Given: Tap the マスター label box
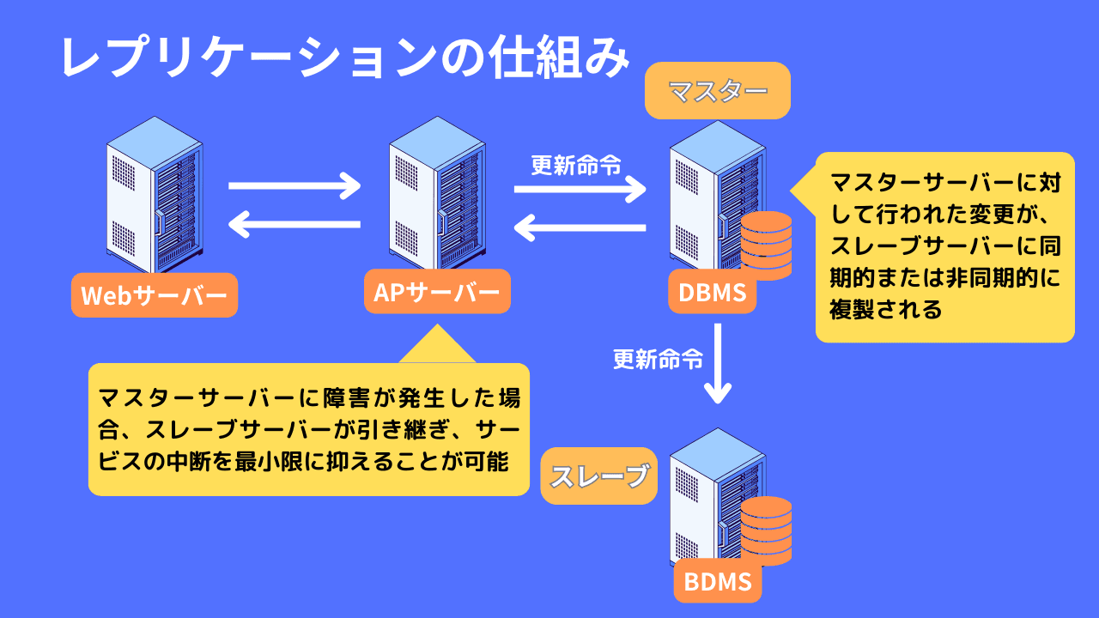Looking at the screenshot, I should point(717,90).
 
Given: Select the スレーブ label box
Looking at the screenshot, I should point(598,476).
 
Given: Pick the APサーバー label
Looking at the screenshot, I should point(437,292).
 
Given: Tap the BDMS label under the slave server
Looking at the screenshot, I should point(718,581).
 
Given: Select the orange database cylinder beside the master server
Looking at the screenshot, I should point(766,244).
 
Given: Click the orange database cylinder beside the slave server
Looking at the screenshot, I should point(766,530).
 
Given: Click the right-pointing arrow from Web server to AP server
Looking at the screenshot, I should point(295,185).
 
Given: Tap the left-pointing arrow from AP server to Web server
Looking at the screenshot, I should point(295,226).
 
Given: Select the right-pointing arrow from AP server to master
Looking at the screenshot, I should point(580,189).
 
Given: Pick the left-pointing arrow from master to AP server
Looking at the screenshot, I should point(580,228).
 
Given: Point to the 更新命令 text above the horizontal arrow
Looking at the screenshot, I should point(576,164).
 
